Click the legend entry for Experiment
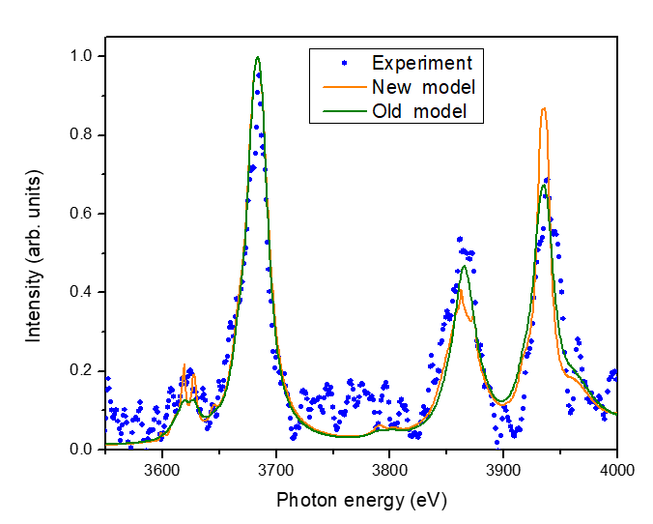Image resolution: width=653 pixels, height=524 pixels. (422, 64)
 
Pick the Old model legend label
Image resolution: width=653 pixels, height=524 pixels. (420, 111)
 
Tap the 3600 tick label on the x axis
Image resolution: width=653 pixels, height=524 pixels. (162, 469)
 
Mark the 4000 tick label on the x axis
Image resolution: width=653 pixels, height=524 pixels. (616, 469)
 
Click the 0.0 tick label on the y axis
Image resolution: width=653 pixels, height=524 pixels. (84, 450)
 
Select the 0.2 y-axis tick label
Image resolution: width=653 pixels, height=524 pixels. (84, 371)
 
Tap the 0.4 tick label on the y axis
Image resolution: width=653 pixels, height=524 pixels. (84, 292)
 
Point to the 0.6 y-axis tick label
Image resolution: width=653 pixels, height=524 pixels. (84, 214)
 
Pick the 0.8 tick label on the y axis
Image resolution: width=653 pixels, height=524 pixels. (84, 134)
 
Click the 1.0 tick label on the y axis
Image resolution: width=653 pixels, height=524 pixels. (84, 56)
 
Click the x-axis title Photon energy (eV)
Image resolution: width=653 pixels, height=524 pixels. (361, 500)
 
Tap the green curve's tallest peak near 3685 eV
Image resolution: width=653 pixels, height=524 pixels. (258, 57)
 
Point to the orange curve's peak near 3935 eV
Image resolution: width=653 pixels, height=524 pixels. (544, 108)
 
